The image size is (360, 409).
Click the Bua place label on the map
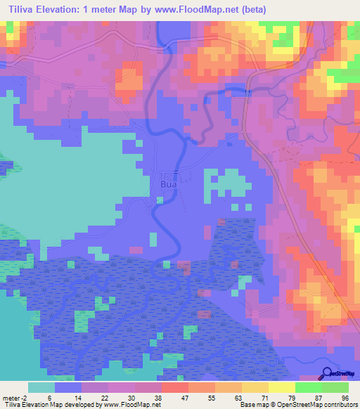click(168, 185)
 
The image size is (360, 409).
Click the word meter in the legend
click(13, 398)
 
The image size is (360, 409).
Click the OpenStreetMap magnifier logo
click(327, 373)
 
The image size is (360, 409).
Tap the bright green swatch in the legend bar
click(309, 387)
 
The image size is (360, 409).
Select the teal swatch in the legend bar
click(41, 387)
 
